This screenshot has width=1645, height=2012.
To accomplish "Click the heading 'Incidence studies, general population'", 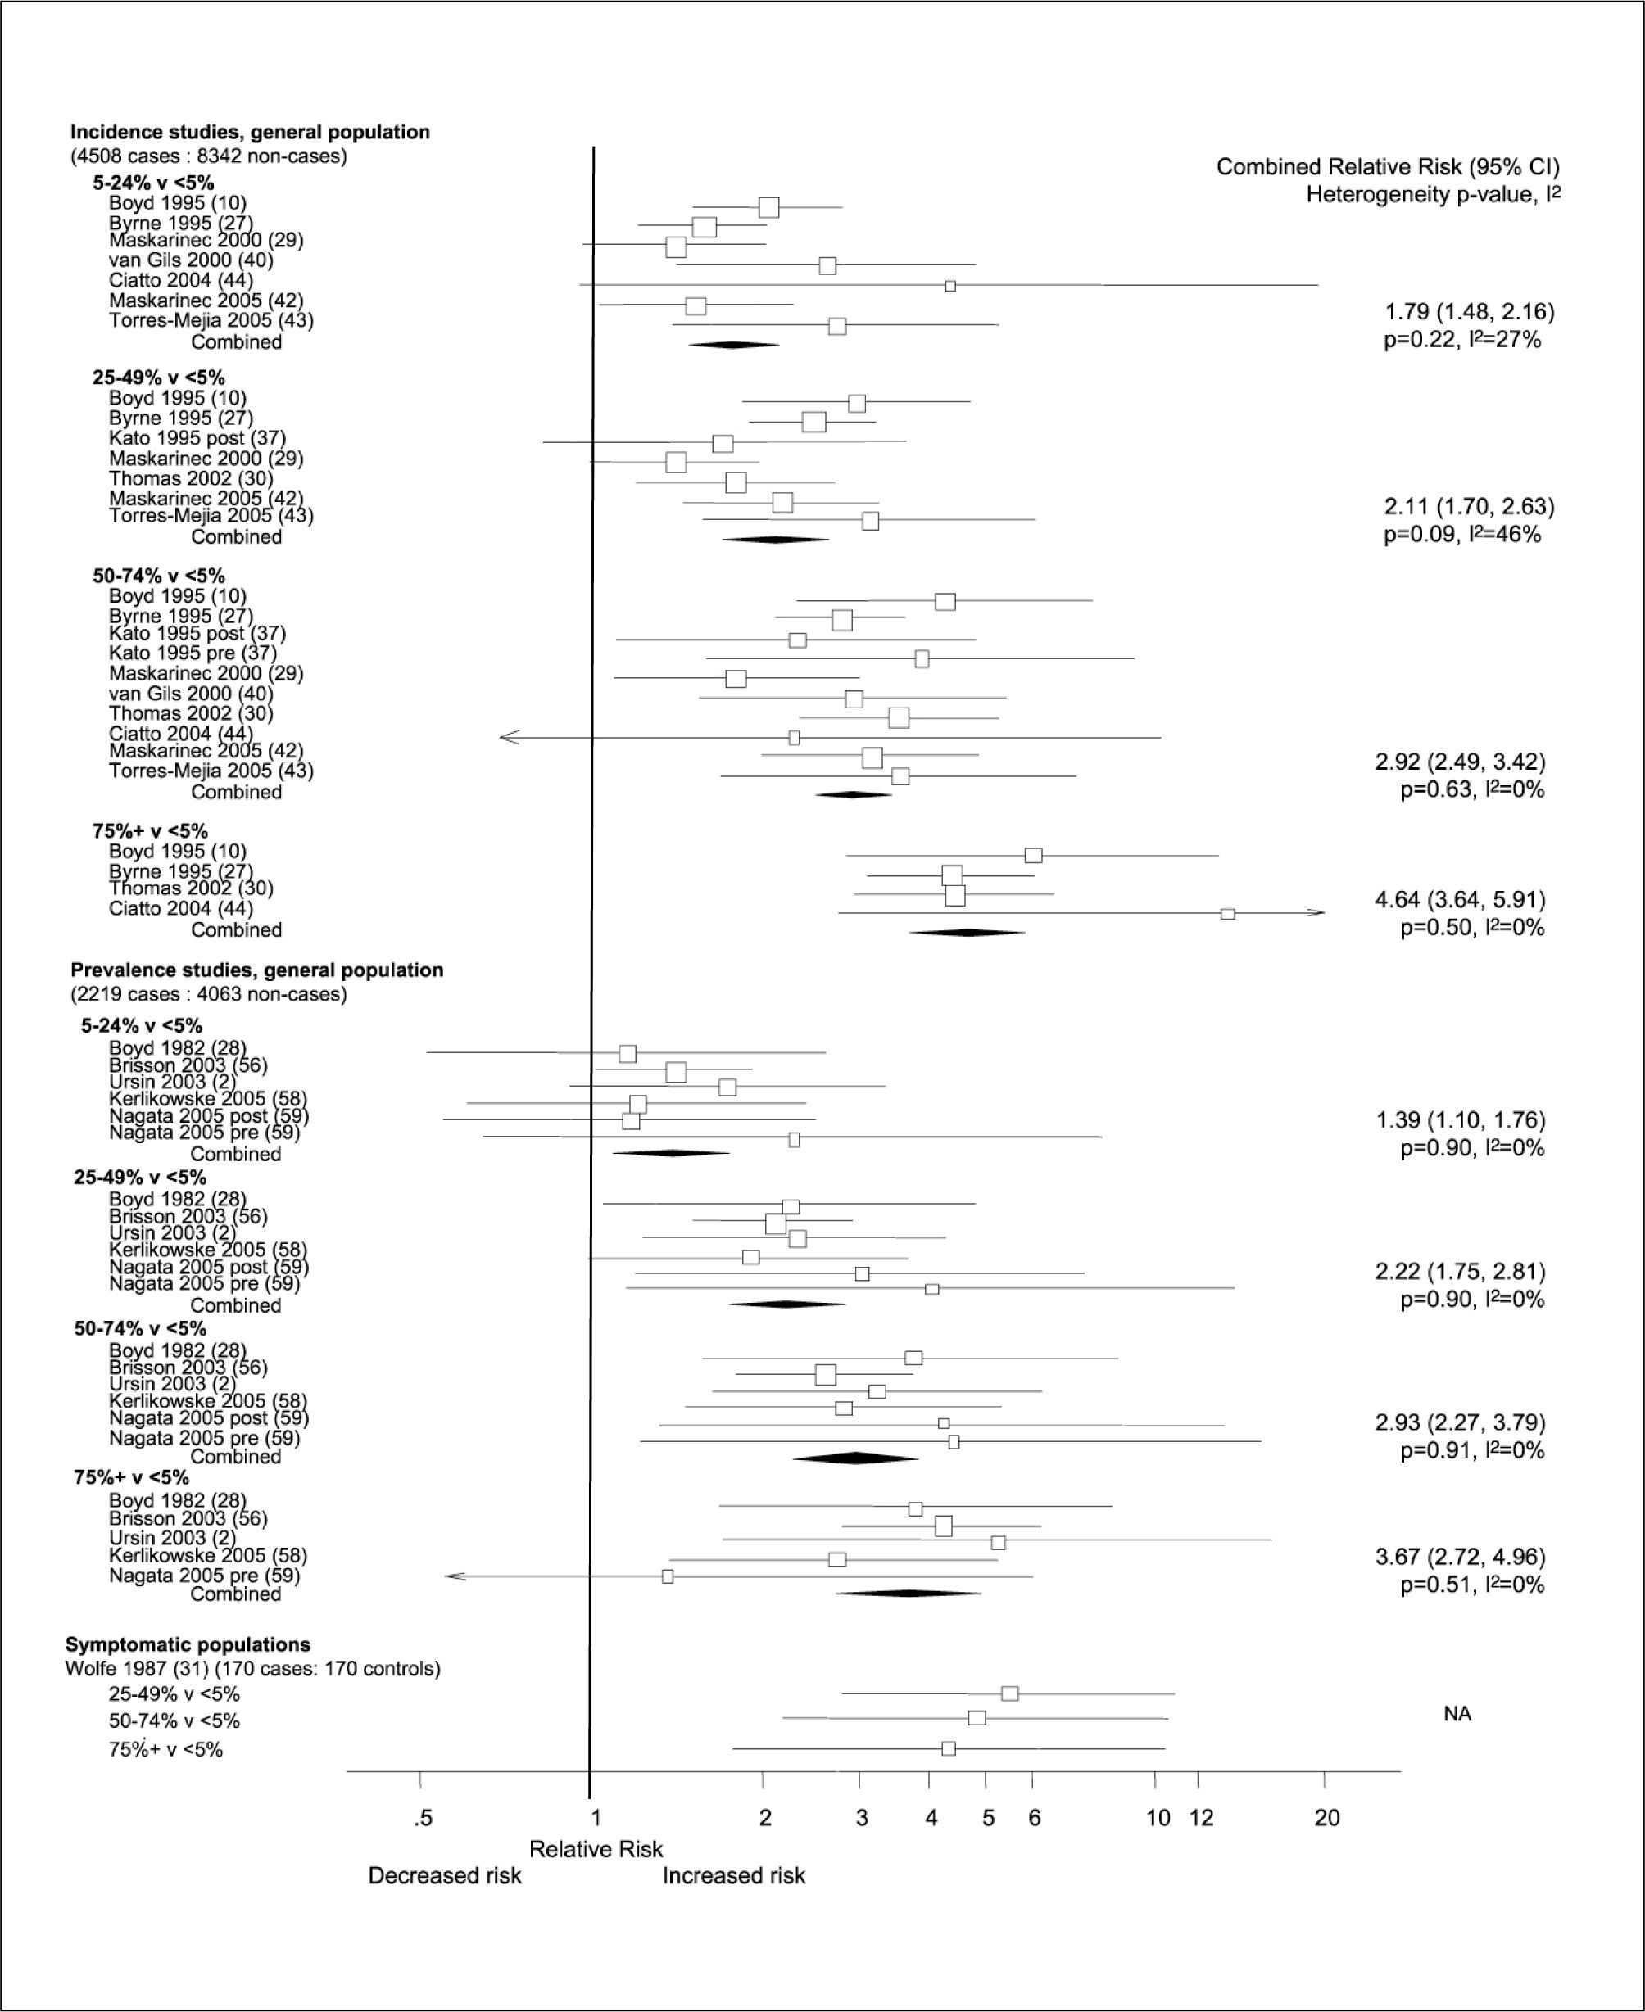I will point(250,133).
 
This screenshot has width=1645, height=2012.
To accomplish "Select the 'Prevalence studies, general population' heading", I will point(256,970).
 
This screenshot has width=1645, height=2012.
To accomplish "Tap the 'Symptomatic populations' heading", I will point(188,1644).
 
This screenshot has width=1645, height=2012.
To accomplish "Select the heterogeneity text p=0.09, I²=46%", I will point(1462,534).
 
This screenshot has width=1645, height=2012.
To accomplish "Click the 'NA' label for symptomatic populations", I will point(1457,1714).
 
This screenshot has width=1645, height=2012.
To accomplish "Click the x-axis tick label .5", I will point(423,1818).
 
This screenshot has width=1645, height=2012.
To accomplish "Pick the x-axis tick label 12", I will point(1202,1818).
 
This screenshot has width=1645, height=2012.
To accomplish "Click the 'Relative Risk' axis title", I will point(596,1849).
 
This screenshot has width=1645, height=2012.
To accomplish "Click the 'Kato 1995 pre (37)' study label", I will point(193,653).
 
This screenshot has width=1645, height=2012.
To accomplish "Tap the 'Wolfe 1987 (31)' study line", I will point(253,1668).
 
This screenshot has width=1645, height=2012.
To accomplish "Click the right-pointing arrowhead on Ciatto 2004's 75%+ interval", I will point(1316,912).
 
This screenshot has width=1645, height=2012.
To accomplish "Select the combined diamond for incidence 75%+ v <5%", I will point(967,933).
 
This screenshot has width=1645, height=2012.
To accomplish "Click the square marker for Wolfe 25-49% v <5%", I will point(1010,1693).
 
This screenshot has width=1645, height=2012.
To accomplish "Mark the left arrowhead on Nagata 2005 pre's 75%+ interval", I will point(455,1576).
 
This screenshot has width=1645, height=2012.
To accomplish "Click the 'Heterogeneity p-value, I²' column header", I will point(1433,195).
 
